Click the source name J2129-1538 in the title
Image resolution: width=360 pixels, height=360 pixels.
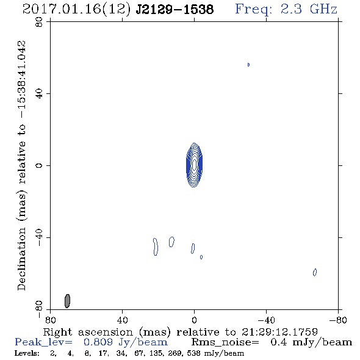click(x=175, y=9)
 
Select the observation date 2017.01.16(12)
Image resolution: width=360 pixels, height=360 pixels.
click(x=77, y=9)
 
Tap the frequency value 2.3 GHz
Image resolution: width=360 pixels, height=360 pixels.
click(x=309, y=9)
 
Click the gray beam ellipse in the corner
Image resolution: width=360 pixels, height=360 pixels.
click(x=67, y=301)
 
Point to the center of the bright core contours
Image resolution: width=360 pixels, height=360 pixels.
click(x=194, y=165)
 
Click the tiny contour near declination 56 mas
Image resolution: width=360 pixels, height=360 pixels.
click(x=248, y=65)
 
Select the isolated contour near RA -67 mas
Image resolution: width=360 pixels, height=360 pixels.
click(x=315, y=272)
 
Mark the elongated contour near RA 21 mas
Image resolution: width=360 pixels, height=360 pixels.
click(x=156, y=247)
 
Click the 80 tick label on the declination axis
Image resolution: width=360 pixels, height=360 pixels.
click(x=39, y=22)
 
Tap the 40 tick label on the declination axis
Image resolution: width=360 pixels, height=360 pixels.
click(x=39, y=94)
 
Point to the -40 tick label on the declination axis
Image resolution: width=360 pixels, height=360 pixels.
click(x=39, y=237)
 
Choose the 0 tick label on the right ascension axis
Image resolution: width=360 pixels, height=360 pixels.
click(x=194, y=320)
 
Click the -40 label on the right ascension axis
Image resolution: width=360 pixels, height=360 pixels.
click(x=266, y=320)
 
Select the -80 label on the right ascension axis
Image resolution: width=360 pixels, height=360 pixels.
click(x=338, y=320)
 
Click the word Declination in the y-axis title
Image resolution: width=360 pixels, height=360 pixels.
click(x=21, y=259)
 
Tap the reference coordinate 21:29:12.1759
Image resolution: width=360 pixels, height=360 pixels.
click(x=279, y=332)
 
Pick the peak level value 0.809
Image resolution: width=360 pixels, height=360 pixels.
click(x=98, y=342)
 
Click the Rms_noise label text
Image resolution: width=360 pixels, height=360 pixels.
click(x=225, y=342)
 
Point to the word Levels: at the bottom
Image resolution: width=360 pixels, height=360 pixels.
click(x=27, y=353)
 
